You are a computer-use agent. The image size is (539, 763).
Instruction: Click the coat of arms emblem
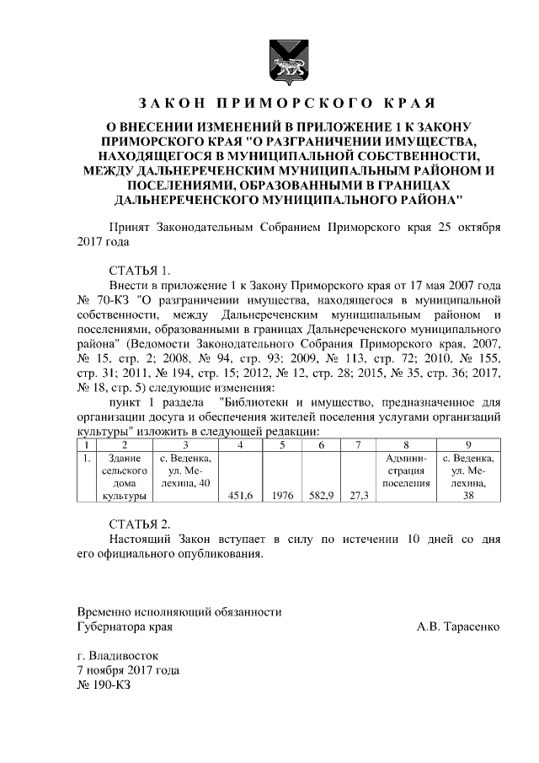click(x=280, y=61)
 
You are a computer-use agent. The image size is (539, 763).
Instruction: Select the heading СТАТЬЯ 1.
click(x=140, y=271)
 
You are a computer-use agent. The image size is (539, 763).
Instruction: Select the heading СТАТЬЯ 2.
click(x=140, y=524)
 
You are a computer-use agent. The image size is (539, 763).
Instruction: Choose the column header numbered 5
click(x=283, y=444)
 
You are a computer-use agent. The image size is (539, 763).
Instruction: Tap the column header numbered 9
click(x=468, y=444)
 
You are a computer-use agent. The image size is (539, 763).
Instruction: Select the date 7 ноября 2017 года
click(x=127, y=670)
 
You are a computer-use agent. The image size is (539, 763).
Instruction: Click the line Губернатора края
click(x=125, y=626)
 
